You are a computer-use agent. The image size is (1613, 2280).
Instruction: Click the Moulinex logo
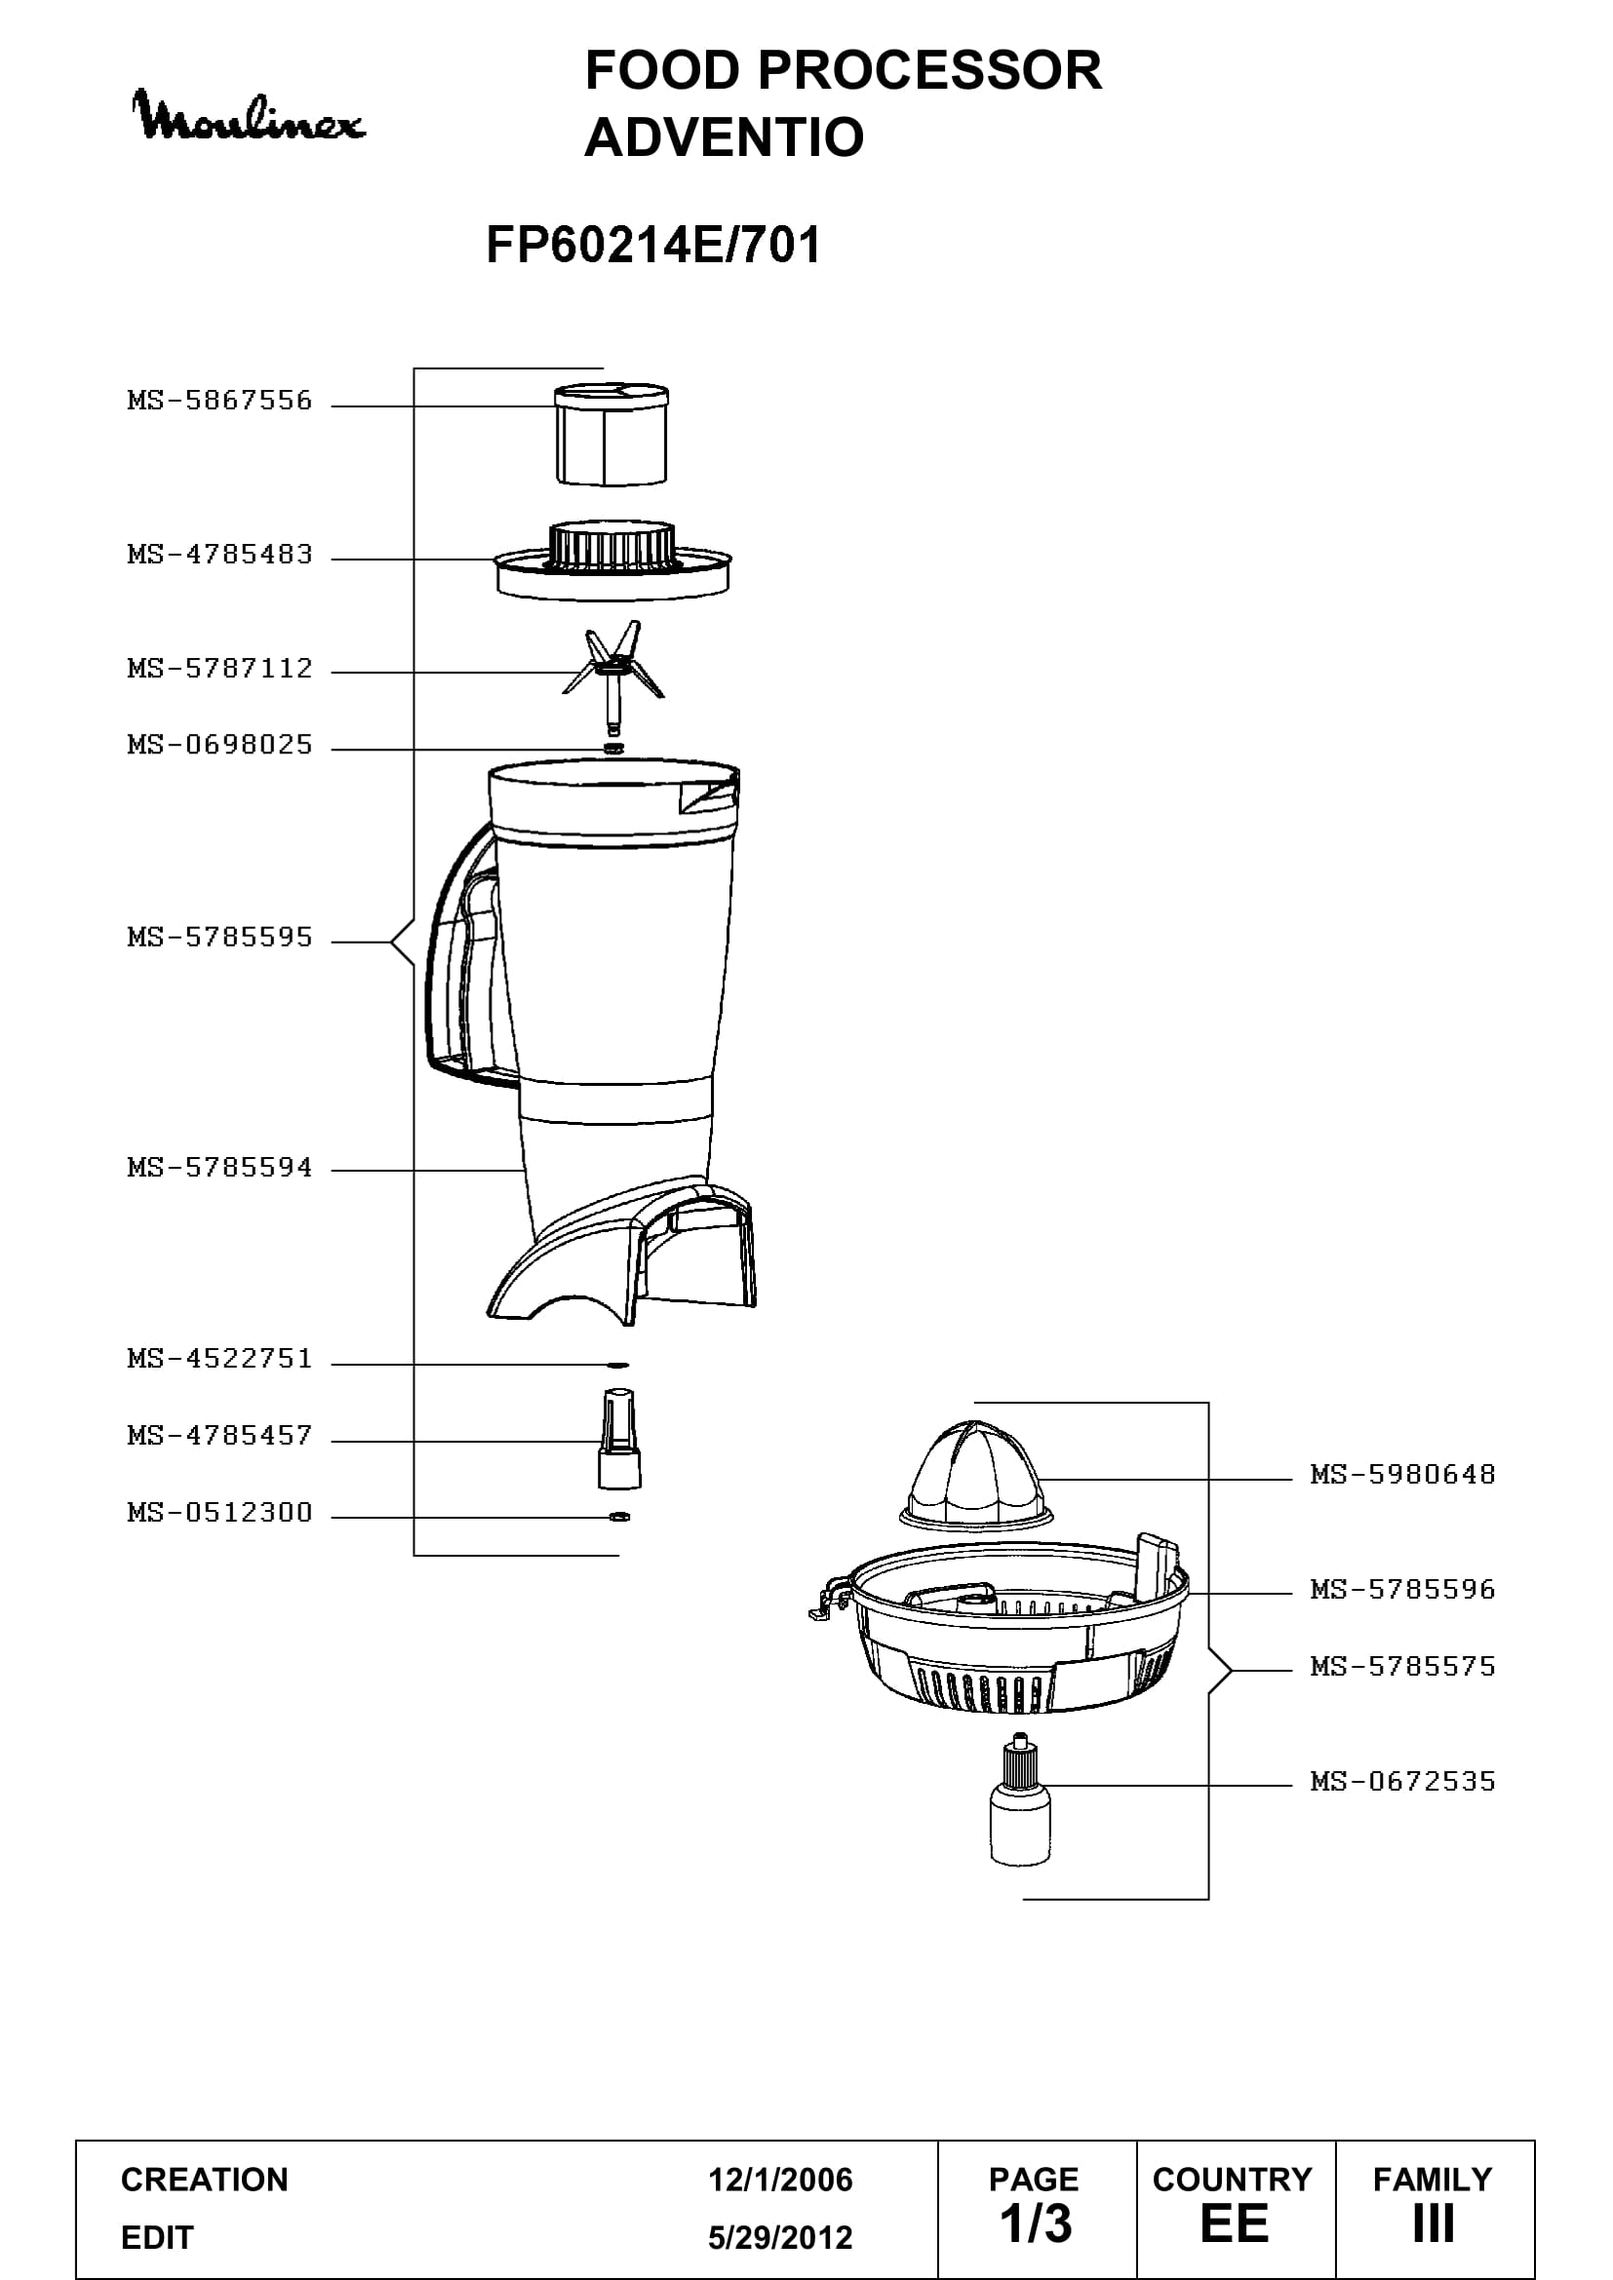[249, 116]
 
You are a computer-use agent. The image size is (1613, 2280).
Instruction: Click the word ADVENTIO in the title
[724, 136]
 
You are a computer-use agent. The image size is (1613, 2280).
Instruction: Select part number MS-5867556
[219, 402]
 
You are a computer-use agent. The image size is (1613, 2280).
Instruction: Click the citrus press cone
[975, 1475]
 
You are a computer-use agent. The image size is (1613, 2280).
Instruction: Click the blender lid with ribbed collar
[613, 560]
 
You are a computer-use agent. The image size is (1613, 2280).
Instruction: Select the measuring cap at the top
[610, 434]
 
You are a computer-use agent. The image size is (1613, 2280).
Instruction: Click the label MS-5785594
[219, 1168]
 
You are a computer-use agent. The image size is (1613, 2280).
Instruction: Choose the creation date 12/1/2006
[780, 2180]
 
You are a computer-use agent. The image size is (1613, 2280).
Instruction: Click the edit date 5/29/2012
[780, 2237]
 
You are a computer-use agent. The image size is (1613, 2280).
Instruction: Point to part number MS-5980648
[1402, 1475]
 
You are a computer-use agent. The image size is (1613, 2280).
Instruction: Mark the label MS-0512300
[219, 1514]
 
